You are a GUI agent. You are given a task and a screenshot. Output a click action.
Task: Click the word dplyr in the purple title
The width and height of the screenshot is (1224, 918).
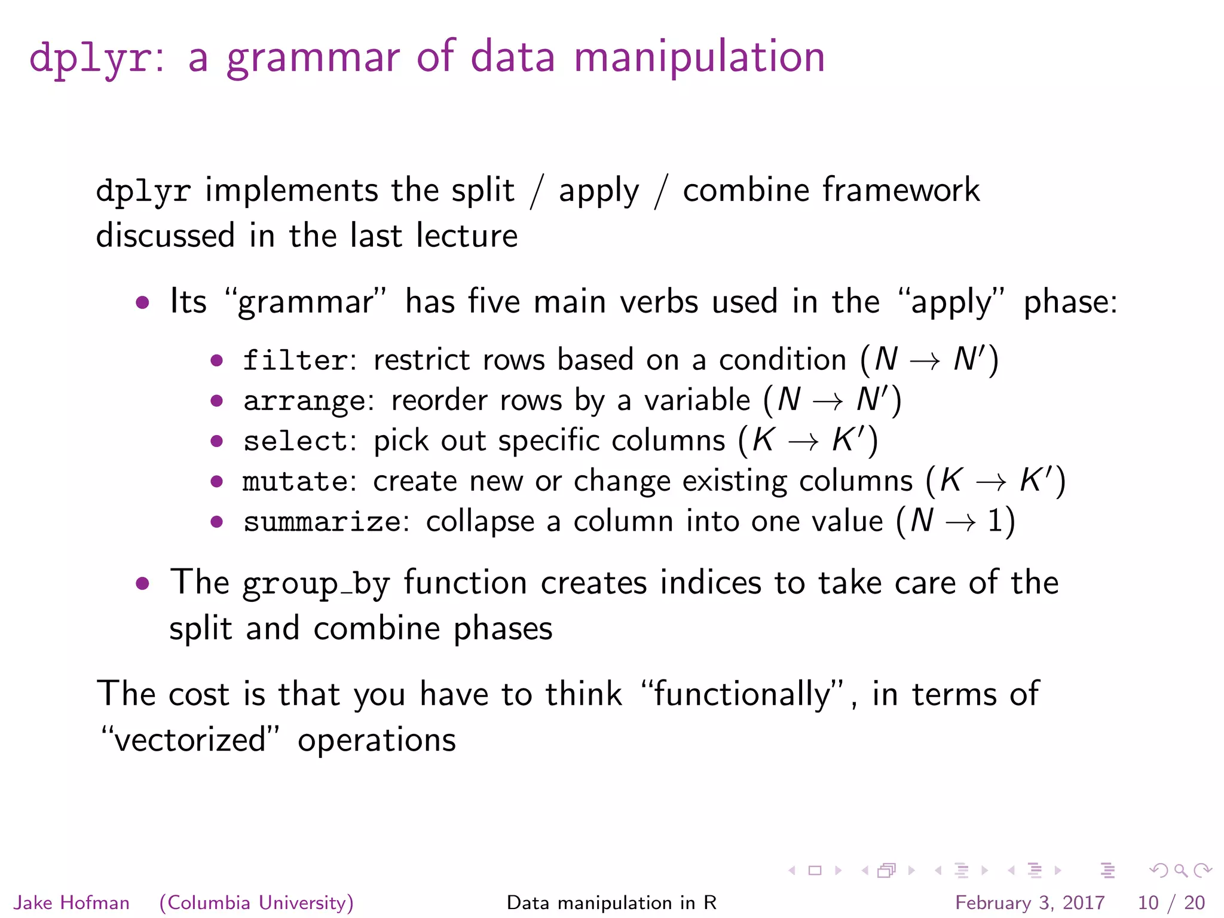tap(90, 58)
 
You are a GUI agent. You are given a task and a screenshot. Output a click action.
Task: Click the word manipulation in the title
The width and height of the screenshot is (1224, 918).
tap(699, 58)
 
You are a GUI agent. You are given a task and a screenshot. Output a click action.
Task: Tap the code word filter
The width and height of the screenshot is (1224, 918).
tap(295, 360)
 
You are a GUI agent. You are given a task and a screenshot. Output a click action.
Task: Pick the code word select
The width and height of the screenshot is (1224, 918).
tap(295, 442)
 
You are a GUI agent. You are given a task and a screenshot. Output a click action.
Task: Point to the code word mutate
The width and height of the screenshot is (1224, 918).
tap(295, 482)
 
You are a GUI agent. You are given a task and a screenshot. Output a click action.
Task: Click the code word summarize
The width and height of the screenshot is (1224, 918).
tap(322, 522)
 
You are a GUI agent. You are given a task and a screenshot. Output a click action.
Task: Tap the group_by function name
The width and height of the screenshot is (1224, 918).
tap(316, 584)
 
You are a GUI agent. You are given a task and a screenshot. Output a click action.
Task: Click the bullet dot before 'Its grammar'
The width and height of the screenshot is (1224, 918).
tap(142, 302)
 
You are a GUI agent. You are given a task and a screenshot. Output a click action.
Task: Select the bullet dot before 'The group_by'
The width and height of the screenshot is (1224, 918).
tap(142, 583)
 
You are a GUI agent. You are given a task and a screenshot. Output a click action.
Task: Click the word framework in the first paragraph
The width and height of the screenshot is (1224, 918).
tap(901, 191)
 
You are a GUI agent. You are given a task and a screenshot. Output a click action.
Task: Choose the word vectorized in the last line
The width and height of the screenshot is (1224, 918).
tap(189, 740)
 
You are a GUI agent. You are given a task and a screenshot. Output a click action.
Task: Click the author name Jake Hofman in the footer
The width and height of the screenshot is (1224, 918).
tap(72, 902)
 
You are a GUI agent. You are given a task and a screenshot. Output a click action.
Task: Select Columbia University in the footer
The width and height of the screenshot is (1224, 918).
tap(256, 902)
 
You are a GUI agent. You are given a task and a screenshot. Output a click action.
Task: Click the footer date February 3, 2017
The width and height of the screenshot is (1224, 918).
tap(1030, 902)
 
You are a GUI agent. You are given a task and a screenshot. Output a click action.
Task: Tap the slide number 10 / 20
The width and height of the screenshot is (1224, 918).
tap(1171, 902)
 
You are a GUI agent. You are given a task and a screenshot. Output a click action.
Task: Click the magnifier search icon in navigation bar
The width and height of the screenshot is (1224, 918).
tap(1180, 871)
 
